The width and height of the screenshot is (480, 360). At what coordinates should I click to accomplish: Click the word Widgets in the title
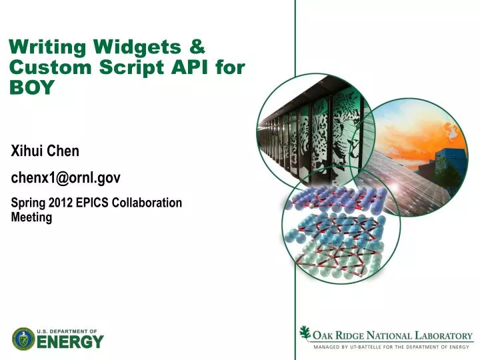pos(136,47)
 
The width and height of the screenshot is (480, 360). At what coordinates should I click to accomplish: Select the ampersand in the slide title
pos(197,47)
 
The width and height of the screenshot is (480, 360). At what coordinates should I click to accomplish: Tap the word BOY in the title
pos(31,87)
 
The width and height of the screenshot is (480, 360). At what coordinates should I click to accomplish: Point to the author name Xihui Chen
pos(45,151)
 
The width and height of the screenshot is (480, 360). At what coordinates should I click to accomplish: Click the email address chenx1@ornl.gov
pos(66,177)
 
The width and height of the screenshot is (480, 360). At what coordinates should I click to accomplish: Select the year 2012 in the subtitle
pos(60,203)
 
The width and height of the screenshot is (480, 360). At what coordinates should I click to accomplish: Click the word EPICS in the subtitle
pos(91,203)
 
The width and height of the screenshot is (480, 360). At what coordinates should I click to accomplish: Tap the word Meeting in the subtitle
pos(32,217)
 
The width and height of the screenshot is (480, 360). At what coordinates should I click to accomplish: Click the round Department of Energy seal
pos(23,339)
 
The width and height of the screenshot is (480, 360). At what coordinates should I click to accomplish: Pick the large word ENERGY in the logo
pos(71,342)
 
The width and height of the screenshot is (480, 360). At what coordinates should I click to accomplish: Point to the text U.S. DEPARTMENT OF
pos(67,331)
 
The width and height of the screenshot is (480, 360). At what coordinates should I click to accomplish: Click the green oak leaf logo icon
pos(305,333)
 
